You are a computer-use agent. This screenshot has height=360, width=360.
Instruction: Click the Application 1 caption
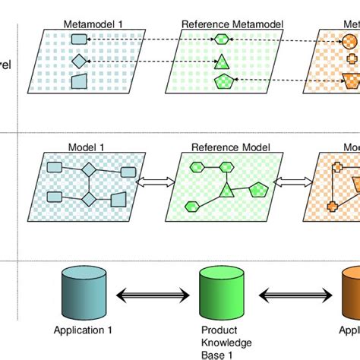(83, 330)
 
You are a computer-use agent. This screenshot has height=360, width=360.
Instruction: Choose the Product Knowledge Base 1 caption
(222, 341)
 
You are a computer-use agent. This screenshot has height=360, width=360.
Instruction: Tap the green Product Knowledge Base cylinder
(220, 293)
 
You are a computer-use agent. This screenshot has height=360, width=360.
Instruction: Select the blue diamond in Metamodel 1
(80, 60)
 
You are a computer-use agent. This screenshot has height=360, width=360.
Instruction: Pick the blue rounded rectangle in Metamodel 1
(80, 39)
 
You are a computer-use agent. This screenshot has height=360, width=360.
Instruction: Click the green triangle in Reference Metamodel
(222, 61)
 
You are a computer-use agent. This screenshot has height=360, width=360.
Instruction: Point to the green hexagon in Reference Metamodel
(221, 39)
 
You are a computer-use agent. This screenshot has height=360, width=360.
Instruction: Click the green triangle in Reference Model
(226, 191)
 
